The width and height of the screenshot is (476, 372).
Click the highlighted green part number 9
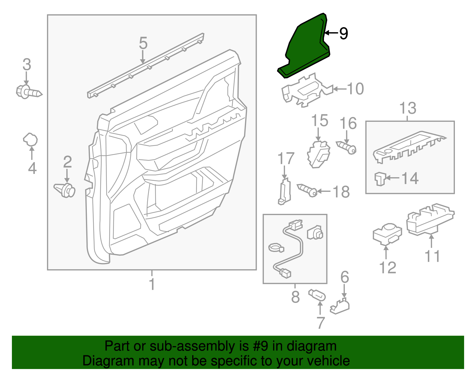303,48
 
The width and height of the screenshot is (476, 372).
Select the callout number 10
355,89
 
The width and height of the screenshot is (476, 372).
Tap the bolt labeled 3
28,92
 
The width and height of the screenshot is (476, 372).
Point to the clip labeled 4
30,139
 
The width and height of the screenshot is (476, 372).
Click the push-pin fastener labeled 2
65,190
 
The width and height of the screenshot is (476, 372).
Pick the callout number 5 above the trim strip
143,43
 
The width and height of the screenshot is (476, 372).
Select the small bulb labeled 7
318,296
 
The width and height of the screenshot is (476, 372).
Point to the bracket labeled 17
284,191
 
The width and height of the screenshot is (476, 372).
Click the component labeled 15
318,154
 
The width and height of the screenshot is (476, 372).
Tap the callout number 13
408,108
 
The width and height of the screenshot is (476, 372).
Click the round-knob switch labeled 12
387,234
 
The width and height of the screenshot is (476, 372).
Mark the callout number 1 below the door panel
152,284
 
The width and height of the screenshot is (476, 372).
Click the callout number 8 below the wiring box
295,297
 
